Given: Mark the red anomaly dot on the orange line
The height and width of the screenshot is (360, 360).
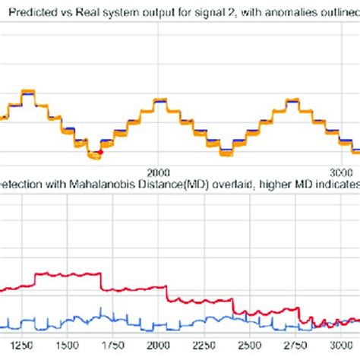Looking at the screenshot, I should pyautogui.click(x=100, y=152).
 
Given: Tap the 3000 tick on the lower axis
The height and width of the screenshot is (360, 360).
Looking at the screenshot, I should pyautogui.click(x=348, y=343).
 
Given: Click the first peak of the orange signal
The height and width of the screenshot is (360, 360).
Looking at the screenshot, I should pyautogui.click(x=28, y=92).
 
